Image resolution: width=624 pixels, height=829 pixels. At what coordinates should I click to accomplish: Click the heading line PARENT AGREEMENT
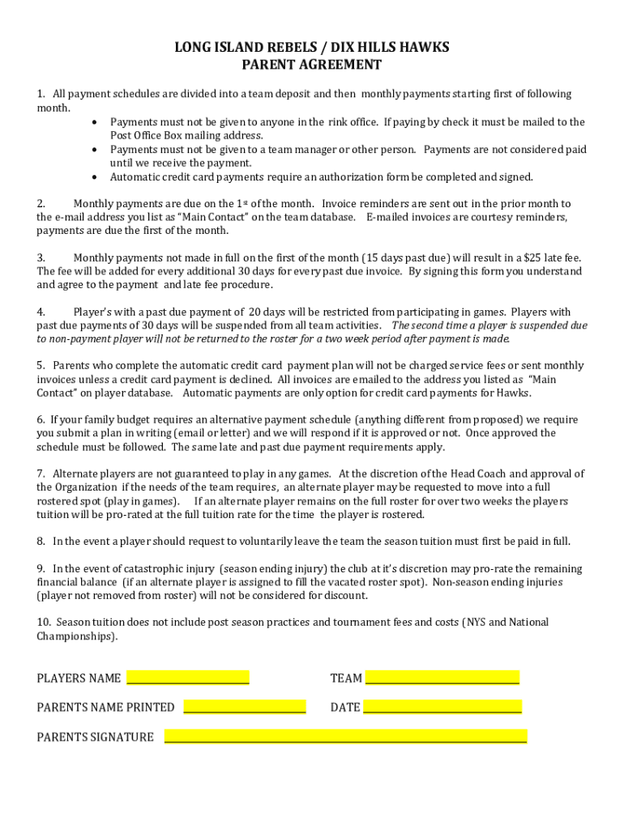click(312, 65)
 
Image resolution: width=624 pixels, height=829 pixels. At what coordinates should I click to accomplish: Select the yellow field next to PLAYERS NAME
click(187, 678)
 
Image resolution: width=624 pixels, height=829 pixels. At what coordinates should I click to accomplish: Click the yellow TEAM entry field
click(442, 678)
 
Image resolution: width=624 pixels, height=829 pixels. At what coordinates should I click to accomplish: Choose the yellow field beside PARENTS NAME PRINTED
click(245, 707)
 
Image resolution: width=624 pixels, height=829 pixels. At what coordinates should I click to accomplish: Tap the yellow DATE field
click(442, 707)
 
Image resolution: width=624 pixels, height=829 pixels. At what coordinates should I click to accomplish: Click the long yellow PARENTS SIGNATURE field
click(345, 736)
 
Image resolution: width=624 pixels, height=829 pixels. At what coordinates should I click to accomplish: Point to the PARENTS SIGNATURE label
click(95, 737)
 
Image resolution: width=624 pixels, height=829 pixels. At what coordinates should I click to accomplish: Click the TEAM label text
click(346, 678)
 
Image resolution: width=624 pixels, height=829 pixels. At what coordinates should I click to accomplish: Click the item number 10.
click(43, 623)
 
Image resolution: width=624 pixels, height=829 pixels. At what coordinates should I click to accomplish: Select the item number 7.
click(41, 474)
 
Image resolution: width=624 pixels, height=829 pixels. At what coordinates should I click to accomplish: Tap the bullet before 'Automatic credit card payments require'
click(96, 177)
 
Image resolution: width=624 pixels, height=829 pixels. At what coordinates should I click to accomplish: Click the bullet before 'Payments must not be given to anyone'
click(96, 122)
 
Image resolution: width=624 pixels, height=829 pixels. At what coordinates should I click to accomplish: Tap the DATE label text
click(345, 708)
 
